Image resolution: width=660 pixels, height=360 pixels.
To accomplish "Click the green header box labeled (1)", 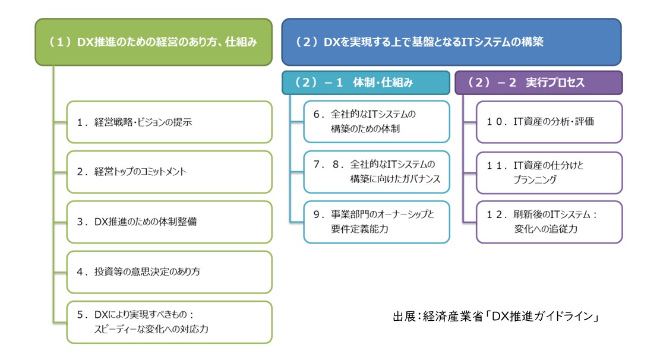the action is pyautogui.click(x=154, y=42).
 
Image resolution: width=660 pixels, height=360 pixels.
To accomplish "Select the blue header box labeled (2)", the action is pyautogui.click(x=451, y=42).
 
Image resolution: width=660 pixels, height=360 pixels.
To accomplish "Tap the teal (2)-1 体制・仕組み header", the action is pyautogui.click(x=365, y=83).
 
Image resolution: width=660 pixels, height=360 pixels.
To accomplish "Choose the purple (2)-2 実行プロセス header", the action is pyautogui.click(x=538, y=83).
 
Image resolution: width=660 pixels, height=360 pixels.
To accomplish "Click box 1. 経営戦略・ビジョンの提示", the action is pyautogui.click(x=169, y=122).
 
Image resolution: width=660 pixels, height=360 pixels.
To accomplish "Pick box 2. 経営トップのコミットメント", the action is pyautogui.click(x=169, y=172).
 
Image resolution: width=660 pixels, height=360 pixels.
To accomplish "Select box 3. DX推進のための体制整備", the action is pyautogui.click(x=169, y=222).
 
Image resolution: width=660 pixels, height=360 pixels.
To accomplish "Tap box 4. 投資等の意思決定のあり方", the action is pyautogui.click(x=169, y=272).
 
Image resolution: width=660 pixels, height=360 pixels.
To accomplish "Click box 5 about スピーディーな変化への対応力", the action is pyautogui.click(x=169, y=322).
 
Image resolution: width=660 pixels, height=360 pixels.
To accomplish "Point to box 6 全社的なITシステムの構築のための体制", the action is pyautogui.click(x=376, y=122).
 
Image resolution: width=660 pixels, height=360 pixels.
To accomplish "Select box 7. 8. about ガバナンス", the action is pyautogui.click(x=376, y=172).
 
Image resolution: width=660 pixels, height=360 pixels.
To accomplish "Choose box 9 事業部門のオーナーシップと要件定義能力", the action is pyautogui.click(x=376, y=222).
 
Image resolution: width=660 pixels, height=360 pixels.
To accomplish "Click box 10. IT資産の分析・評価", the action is pyautogui.click(x=549, y=122).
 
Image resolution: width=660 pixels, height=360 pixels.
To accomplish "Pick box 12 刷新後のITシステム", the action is pyautogui.click(x=549, y=222).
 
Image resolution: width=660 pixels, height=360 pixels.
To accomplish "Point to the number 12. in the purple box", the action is pyautogui.click(x=497, y=214).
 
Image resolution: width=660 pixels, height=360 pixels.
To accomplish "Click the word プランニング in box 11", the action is pyautogui.click(x=535, y=180).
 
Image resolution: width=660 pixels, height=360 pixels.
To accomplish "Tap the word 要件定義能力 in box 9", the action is pyautogui.click(x=359, y=229).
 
